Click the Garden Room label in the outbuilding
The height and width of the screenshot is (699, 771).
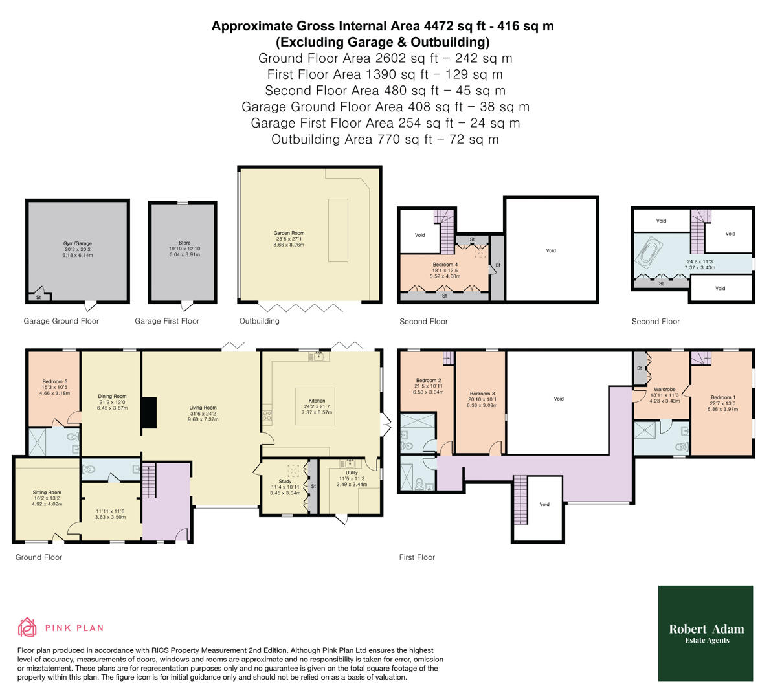(289, 233)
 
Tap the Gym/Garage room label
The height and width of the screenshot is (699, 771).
(77, 244)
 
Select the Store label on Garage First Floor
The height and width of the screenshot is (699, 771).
(184, 243)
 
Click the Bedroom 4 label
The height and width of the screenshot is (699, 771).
(445, 265)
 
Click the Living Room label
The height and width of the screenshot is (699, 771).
(202, 408)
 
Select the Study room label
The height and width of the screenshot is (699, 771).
(285, 482)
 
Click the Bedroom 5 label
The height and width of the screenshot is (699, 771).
(55, 382)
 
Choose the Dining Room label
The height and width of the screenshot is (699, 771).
(112, 397)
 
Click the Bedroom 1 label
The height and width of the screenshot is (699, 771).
(722, 397)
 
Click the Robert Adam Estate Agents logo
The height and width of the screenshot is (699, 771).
(706, 633)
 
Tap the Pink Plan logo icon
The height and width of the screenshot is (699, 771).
(27, 627)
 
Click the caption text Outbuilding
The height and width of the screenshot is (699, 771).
(260, 321)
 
